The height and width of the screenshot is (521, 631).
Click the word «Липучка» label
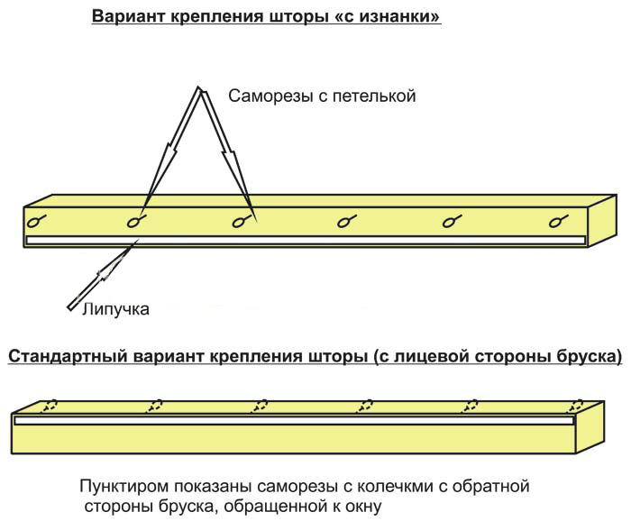(115, 309)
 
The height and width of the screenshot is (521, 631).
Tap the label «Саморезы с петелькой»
(321, 96)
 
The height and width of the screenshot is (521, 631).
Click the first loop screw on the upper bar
(36, 220)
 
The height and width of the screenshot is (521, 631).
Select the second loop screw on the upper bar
(136, 220)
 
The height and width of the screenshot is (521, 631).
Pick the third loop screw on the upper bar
(241, 220)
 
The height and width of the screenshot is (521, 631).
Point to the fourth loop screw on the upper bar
(345, 220)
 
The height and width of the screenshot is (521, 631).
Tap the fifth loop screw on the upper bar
(452, 220)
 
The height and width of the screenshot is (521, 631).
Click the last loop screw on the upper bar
(557, 220)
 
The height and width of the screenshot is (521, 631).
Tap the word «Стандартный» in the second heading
(66, 357)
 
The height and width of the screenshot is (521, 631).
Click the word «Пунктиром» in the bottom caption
(125, 487)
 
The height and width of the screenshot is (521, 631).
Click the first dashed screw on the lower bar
(51, 405)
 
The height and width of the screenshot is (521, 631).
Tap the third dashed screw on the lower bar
(260, 405)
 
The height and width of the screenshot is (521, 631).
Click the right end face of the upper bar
(603, 221)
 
